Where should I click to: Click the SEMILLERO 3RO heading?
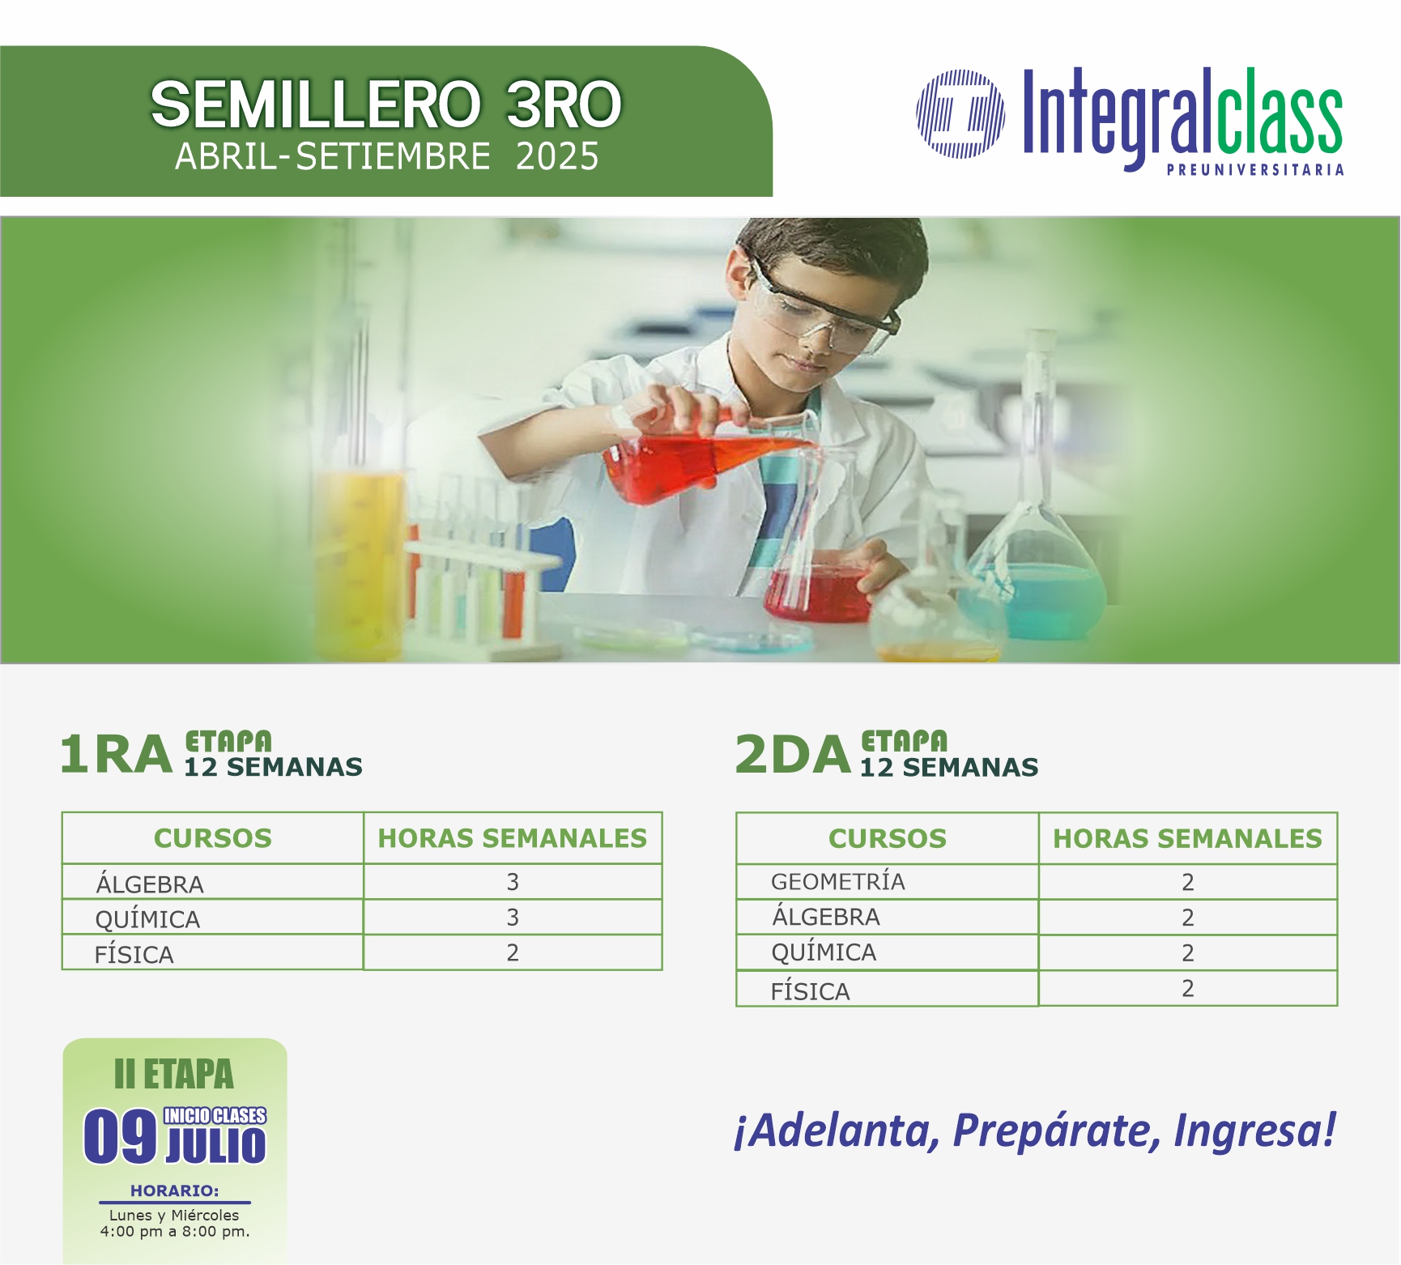[x=386, y=104]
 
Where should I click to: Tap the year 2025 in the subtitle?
[x=557, y=156]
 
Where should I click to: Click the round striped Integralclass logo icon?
[x=960, y=113]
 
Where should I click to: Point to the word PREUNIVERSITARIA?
[x=1255, y=170]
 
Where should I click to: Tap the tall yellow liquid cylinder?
[x=359, y=559]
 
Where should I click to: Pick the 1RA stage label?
[x=117, y=755]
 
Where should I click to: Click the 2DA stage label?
[x=793, y=755]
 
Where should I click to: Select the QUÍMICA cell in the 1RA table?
[x=147, y=919]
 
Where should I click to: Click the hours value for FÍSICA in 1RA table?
[x=513, y=952]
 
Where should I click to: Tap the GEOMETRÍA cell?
[x=838, y=881]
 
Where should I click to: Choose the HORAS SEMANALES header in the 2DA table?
[x=1187, y=838]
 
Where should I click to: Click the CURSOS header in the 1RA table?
[x=213, y=838]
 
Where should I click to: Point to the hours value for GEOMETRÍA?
[x=1188, y=882]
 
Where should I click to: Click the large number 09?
[x=120, y=1136]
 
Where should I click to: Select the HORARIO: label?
[x=175, y=1190]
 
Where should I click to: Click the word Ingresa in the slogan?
[x=1254, y=1131]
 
